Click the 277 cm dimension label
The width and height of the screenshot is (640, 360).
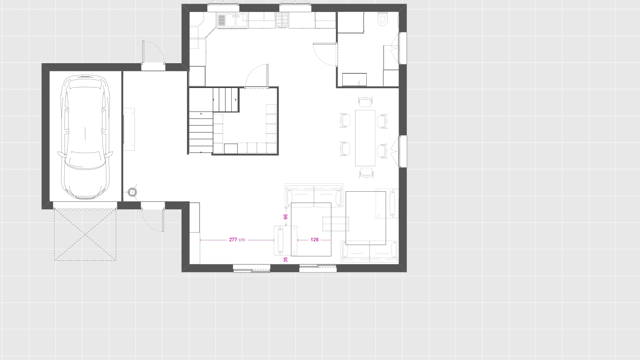[237, 240]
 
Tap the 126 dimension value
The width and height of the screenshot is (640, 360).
[314, 240]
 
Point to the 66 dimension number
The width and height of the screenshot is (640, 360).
[285, 217]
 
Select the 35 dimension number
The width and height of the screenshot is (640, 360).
[285, 260]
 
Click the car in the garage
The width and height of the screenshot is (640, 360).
[85, 137]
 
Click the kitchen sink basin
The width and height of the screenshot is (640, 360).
[233, 20]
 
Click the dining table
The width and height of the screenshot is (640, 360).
[365, 138]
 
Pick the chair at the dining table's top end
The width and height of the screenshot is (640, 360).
[365, 102]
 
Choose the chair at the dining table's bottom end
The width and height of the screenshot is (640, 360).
[366, 173]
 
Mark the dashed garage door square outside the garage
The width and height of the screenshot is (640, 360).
[85, 235]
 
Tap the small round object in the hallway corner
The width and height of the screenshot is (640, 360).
[133, 192]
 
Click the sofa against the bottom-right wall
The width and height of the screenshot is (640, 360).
[369, 252]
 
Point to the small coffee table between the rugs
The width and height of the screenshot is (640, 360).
[335, 224]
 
